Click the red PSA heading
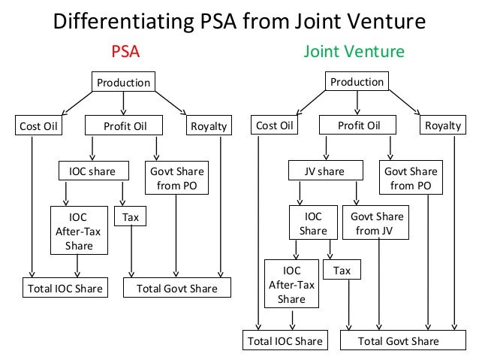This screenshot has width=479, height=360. point(126,52)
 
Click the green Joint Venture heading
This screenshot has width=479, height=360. point(354,52)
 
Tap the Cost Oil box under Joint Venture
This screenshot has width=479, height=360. point(275,126)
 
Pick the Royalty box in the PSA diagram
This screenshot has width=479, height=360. point(209,126)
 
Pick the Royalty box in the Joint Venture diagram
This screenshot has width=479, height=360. point(443,126)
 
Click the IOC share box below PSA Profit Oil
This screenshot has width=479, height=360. point(88,171)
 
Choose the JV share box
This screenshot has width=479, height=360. point(324,171)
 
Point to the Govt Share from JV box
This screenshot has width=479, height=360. point(378,223)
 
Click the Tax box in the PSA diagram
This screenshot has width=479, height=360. point(131,218)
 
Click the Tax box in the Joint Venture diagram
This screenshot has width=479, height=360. point(342,270)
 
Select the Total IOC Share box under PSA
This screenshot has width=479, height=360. point(65,289)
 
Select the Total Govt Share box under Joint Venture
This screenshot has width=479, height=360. point(398,341)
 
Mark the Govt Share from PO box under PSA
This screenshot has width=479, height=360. point(176,178)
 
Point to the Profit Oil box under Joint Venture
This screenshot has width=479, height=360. point(359,126)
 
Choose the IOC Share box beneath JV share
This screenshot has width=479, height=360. point(313,223)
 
